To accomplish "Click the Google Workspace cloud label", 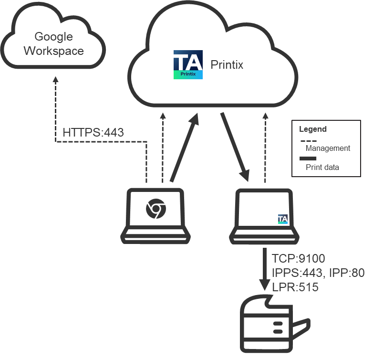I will coord(53,43).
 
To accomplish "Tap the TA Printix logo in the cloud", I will coord(188,64).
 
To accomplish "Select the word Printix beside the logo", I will coord(227,64).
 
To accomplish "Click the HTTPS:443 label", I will coord(93,132).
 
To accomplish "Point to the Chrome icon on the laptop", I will coord(155,209).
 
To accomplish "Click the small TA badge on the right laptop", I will coord(283,219).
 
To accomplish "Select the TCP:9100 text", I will coord(298,259).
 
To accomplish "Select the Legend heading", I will coord(312,129).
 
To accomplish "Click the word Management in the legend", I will coord(328,148).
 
